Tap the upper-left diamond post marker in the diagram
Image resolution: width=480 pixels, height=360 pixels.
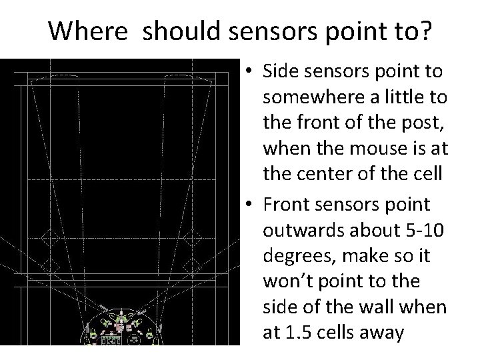pyautogui.click(x=48, y=236)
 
